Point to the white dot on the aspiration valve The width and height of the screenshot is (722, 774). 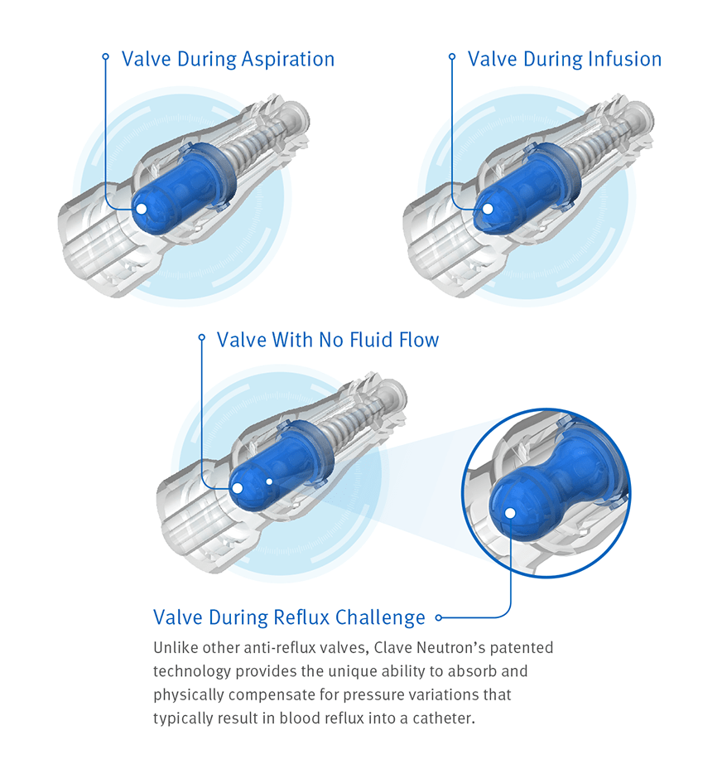point(141,209)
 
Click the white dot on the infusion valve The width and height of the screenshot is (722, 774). point(488,209)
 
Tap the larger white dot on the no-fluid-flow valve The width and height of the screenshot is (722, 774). point(238,488)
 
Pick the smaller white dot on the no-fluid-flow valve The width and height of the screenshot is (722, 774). point(270,481)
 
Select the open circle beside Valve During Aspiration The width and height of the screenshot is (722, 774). point(105,57)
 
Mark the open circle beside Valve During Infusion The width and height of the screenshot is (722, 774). point(452,57)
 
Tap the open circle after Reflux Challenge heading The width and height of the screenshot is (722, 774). point(439,617)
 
